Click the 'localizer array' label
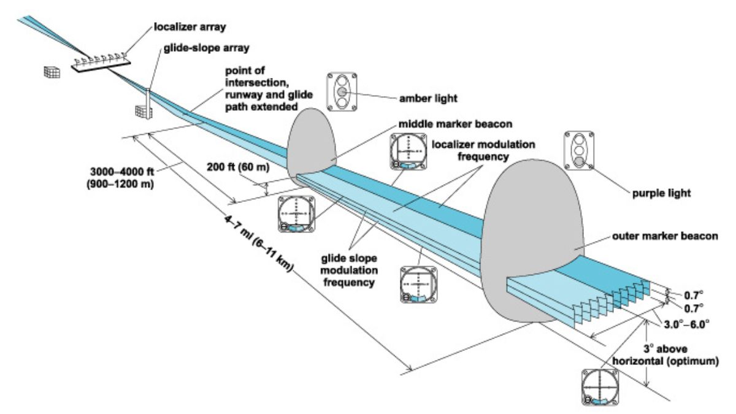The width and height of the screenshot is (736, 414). point(190,27)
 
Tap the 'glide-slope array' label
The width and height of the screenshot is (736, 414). point(206,48)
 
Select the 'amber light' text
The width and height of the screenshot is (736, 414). point(428,98)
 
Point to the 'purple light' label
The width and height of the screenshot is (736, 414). point(661,193)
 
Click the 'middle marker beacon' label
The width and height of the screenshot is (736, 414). point(455,124)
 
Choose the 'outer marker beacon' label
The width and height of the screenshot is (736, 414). point(665,236)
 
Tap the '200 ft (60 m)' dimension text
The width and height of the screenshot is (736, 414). point(238,167)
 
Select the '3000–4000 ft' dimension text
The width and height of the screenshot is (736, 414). point(122,172)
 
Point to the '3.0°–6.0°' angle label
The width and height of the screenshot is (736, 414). point(686,324)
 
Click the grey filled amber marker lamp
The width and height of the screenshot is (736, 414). point(342,92)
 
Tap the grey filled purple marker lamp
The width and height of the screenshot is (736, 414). point(579,161)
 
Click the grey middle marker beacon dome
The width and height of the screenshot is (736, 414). point(312,145)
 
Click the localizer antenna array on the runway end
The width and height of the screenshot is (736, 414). point(101,62)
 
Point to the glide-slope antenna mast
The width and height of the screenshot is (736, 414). point(148,104)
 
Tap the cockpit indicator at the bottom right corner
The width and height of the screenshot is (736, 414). point(600,387)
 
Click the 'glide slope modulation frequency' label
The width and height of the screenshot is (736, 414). point(349,270)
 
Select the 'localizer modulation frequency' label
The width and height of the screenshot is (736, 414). point(483,150)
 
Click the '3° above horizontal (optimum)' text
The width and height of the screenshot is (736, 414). point(665,355)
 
